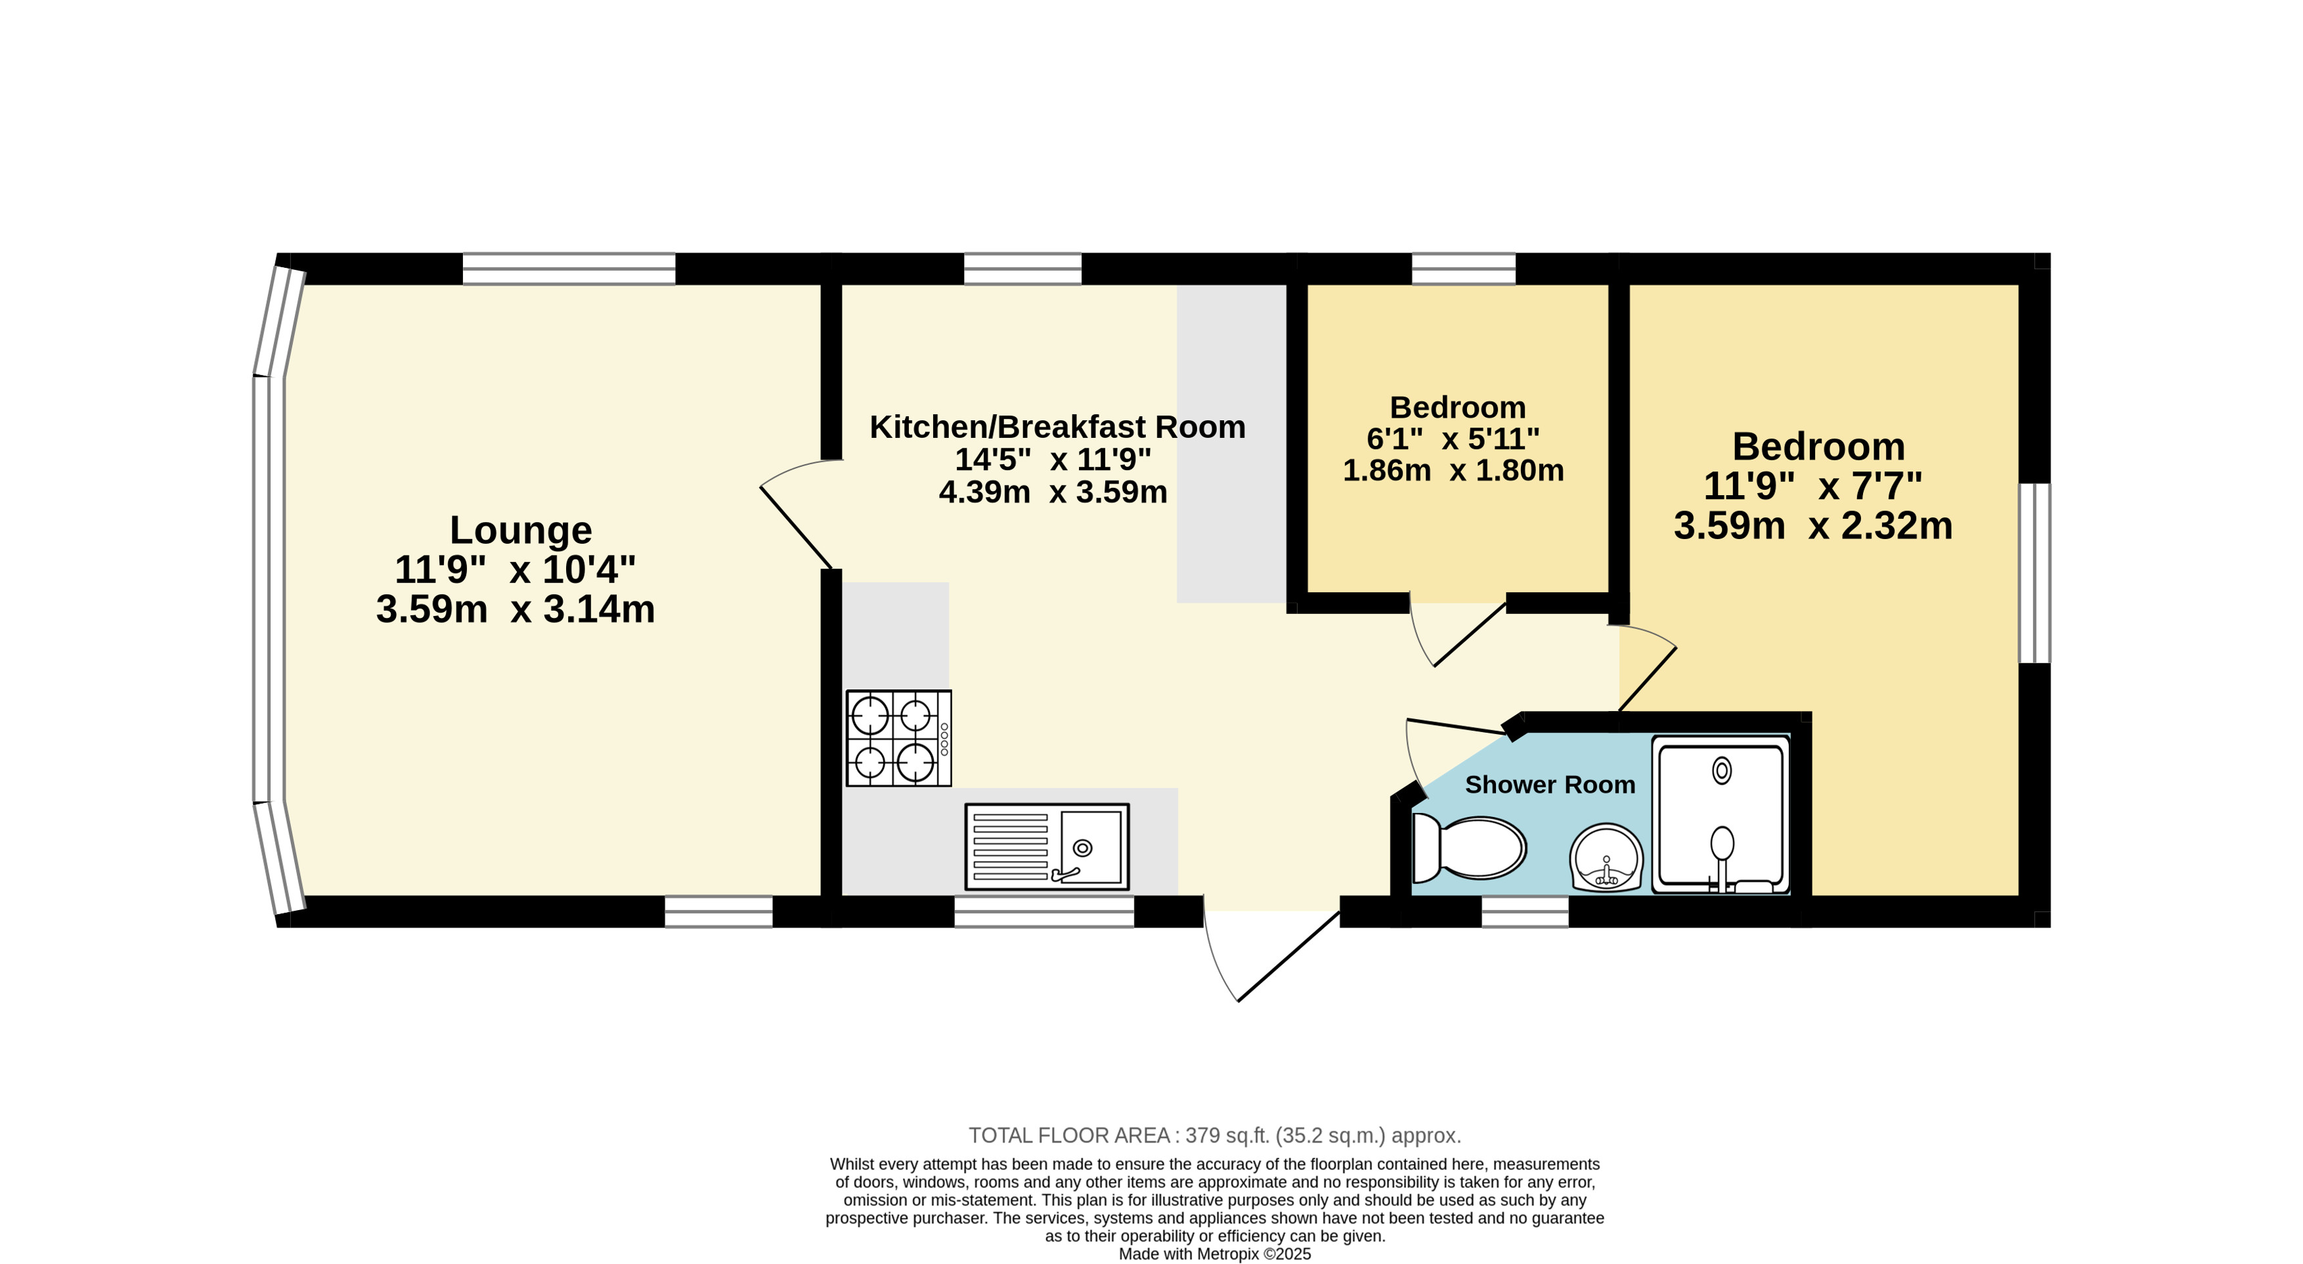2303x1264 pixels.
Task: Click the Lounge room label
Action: click(520, 530)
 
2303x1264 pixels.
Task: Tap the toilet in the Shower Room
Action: click(1468, 848)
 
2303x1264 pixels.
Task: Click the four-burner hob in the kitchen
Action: click(898, 739)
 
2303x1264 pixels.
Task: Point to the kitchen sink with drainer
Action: click(1047, 846)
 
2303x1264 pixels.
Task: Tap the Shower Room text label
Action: click(1549, 785)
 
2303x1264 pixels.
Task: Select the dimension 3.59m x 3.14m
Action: click(516, 609)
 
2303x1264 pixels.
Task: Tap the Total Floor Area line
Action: click(1215, 1135)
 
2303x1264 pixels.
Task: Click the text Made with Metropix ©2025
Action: click(1215, 1254)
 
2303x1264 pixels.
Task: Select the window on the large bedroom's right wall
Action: click(2035, 573)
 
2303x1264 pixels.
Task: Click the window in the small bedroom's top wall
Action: click(1464, 268)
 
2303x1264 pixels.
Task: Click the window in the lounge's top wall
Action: click(569, 268)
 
